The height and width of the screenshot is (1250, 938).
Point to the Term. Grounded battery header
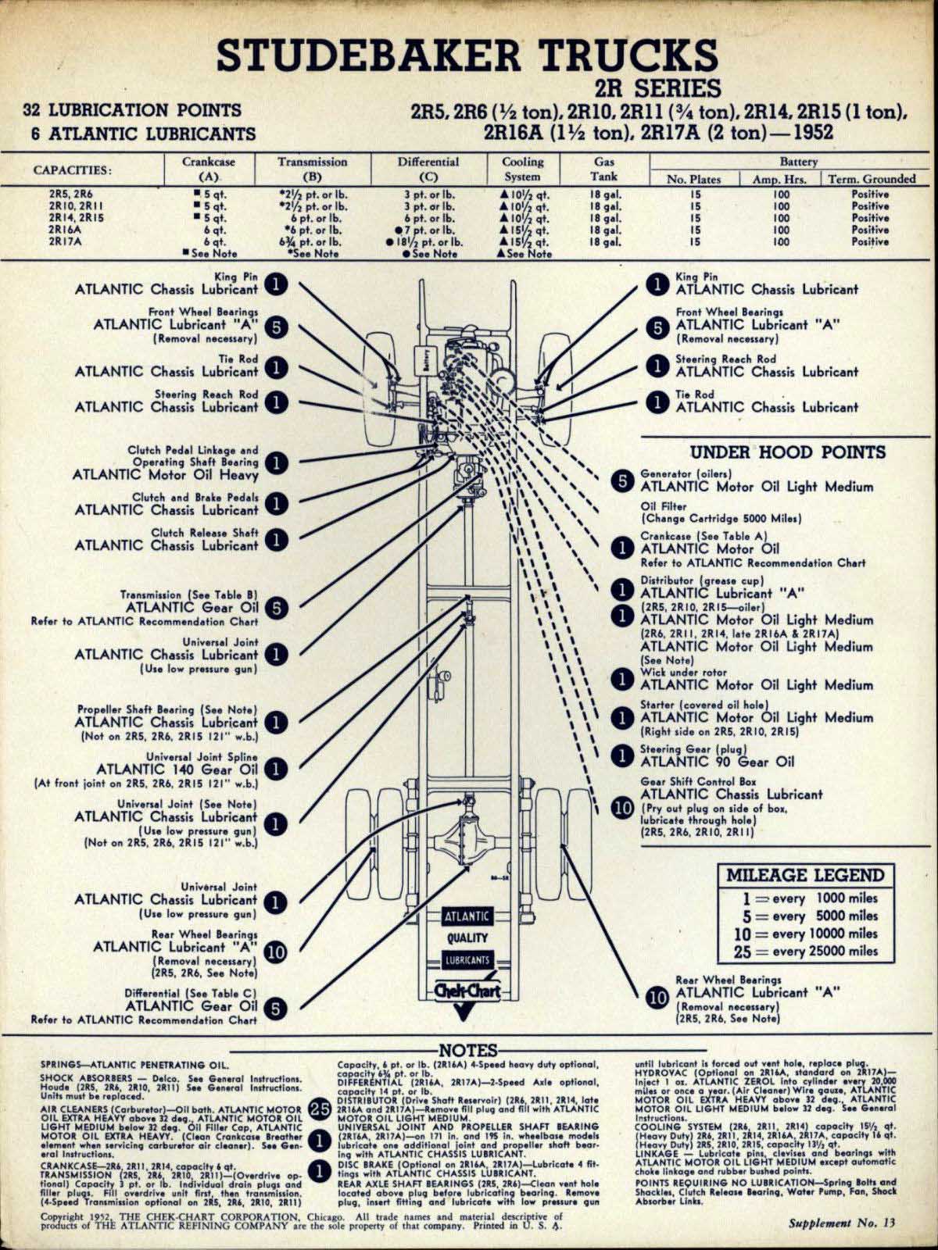871,179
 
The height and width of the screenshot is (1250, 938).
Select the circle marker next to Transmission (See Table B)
276,607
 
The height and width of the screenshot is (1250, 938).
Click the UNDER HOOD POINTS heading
787,452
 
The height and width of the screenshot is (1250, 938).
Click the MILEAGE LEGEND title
804,875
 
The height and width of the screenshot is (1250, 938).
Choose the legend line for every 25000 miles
805,951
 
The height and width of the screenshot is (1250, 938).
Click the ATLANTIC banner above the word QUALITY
467,916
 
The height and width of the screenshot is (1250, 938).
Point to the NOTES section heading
469,1051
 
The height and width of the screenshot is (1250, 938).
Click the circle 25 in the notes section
320,1109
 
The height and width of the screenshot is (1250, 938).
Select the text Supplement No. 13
840,1223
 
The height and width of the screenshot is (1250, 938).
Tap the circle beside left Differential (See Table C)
276,1008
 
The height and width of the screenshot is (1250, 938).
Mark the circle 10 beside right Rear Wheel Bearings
658,998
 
